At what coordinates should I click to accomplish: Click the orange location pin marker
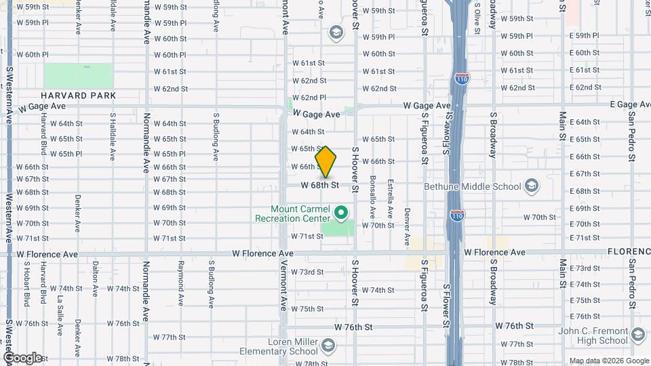coord(326,162)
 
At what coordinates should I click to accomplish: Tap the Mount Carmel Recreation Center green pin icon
coord(342,214)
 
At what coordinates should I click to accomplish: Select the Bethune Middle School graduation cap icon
coord(532,186)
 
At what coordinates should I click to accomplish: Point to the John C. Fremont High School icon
coord(638,335)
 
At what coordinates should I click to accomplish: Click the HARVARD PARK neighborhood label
coord(78,96)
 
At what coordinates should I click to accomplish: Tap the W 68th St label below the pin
coord(319,185)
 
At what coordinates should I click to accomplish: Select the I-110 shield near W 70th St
coord(456,216)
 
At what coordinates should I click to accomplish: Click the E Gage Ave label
coord(629,104)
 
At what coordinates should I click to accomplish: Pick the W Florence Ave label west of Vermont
coord(262,253)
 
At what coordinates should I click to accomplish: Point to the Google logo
coord(22,358)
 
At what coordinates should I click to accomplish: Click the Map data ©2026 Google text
coord(608,361)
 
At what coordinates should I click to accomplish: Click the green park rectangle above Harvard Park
coord(79,75)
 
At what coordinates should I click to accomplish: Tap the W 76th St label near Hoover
coord(353,327)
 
